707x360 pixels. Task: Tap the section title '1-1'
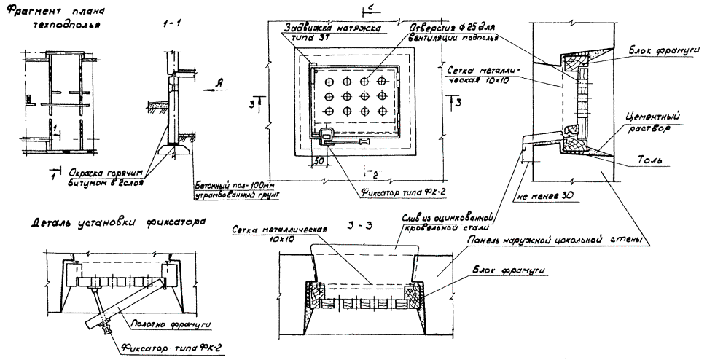click(171, 24)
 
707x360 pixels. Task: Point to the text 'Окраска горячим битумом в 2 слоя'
click(103, 178)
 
